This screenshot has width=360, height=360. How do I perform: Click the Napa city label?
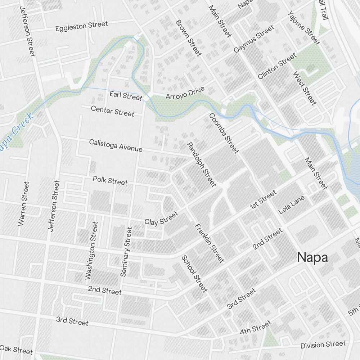[312, 258]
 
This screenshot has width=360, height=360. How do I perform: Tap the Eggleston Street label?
[81, 26]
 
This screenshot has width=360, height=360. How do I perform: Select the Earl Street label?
[126, 96]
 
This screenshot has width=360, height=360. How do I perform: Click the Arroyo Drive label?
[185, 93]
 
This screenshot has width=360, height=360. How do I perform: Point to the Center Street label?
[112, 111]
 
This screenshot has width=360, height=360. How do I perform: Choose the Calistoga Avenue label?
[116, 145]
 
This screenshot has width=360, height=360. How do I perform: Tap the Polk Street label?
[110, 180]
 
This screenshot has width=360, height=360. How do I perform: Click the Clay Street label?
[161, 218]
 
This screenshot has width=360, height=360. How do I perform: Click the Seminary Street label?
[126, 252]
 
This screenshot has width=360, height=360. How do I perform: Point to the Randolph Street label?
[202, 165]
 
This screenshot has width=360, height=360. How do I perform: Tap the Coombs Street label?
[224, 133]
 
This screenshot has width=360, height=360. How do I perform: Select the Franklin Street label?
[209, 243]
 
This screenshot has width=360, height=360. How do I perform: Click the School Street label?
[194, 274]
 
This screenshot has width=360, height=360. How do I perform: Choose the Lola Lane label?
[292, 205]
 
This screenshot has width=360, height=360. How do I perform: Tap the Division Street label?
[323, 345]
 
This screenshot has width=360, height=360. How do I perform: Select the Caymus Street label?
[253, 39]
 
